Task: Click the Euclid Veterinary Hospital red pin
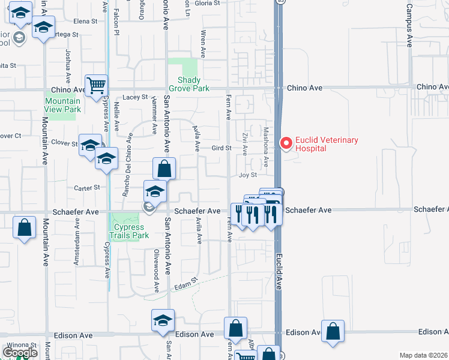tap(286, 143)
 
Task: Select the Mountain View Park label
tap(62, 105)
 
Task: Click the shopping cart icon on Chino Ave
tap(96, 85)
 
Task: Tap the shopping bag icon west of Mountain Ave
tap(24, 228)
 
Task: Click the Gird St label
tap(221, 148)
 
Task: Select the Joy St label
tap(248, 175)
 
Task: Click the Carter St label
tap(87, 188)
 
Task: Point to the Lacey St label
tap(135, 97)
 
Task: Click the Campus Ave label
tap(409, 25)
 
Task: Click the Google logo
tap(20, 352)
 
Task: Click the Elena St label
tap(85, 21)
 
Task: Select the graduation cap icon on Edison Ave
tap(163, 321)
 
